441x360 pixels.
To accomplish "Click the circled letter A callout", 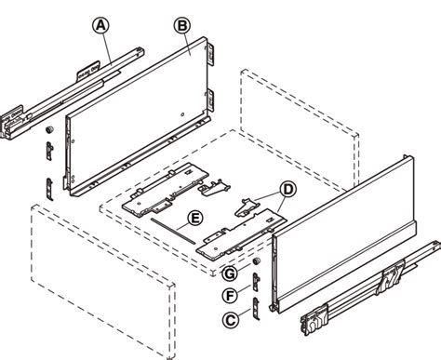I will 101,25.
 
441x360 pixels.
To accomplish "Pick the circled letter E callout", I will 194,220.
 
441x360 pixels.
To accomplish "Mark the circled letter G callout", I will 229,273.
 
